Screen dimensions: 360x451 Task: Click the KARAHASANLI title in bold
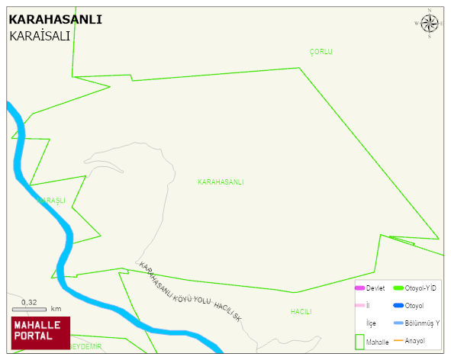[x=55, y=20]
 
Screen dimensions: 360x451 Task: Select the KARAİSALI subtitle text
[x=40, y=36]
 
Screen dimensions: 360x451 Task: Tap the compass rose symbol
[x=430, y=23]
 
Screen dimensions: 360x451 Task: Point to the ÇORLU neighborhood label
[x=321, y=52]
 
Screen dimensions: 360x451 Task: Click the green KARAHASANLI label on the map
[x=221, y=182]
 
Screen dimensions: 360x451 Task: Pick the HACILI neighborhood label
[x=301, y=312]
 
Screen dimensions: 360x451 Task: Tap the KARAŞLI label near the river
[x=52, y=201]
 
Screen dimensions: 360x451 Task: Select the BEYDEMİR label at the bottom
[x=85, y=346]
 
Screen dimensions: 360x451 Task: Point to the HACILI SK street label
[x=227, y=311]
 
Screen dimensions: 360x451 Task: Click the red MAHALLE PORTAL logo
[x=40, y=331]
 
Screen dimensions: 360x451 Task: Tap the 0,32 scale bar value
[x=29, y=303]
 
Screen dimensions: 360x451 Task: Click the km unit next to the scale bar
[x=56, y=309]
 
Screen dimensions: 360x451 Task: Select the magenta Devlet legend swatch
[x=359, y=288]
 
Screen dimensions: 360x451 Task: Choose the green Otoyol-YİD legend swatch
[x=398, y=288]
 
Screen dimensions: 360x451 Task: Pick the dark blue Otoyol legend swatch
[x=398, y=306]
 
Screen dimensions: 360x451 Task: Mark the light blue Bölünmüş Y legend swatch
[x=398, y=323]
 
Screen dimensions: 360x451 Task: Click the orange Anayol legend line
[x=398, y=340]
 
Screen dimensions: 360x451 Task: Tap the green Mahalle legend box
[x=359, y=341]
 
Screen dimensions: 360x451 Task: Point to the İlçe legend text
[x=371, y=323]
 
